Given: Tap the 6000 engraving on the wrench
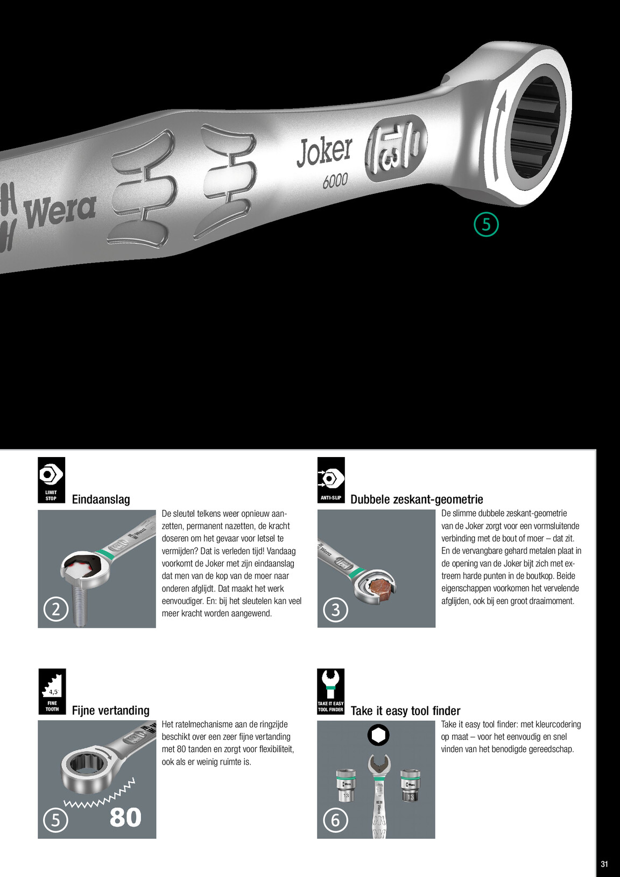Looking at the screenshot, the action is coord(335,181).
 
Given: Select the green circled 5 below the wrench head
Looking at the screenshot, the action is coord(486,224).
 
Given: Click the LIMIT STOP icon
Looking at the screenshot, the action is coord(51,480).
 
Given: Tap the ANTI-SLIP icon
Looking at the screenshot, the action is coord(331,480).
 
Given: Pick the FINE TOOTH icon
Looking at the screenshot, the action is coord(52,691).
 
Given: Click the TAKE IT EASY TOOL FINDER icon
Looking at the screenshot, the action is coord(331,691).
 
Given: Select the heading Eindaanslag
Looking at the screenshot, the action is coord(101,499).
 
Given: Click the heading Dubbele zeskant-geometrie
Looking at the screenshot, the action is coord(417,499).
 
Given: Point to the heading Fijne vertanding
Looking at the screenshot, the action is coord(111,710).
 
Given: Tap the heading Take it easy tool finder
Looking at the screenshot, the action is coord(405,711).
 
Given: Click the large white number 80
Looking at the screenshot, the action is coord(125,817).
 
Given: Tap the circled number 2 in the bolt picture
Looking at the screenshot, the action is coord(56,609).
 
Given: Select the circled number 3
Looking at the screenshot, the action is coord(335,609).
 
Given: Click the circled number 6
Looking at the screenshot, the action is coord(335,820).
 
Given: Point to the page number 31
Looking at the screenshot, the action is coord(604,864).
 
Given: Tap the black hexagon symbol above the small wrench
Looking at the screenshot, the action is coord(378,735).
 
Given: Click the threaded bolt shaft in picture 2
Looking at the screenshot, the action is coord(80,605).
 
